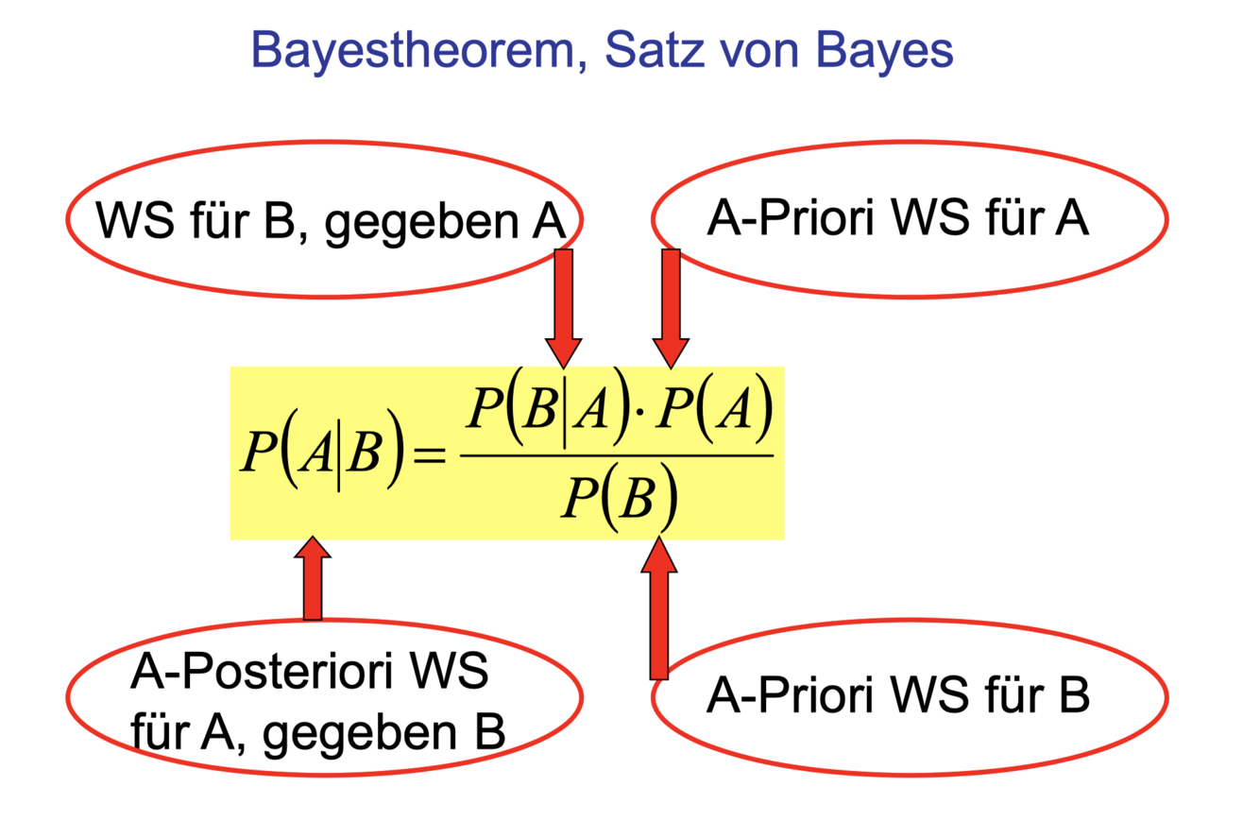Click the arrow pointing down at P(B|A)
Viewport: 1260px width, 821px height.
click(x=564, y=307)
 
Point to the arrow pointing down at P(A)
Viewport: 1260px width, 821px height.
click(x=672, y=307)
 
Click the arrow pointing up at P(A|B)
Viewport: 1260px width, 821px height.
click(x=313, y=578)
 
